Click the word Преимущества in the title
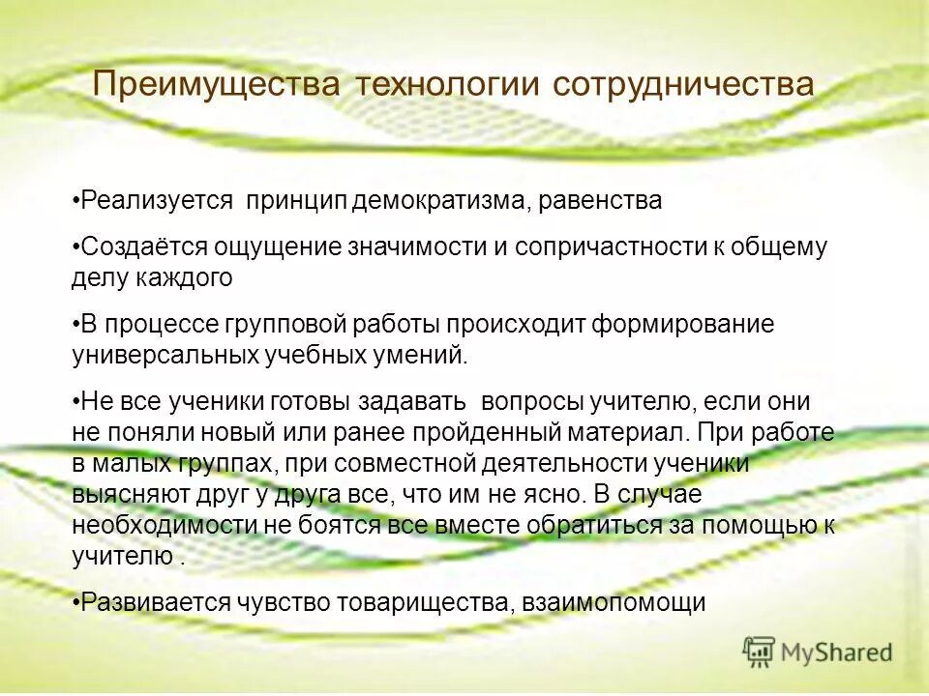(216, 85)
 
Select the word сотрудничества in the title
(683, 85)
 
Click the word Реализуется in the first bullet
(158, 200)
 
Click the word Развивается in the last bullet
(155, 601)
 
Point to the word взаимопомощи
(614, 601)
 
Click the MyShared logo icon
(759, 652)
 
